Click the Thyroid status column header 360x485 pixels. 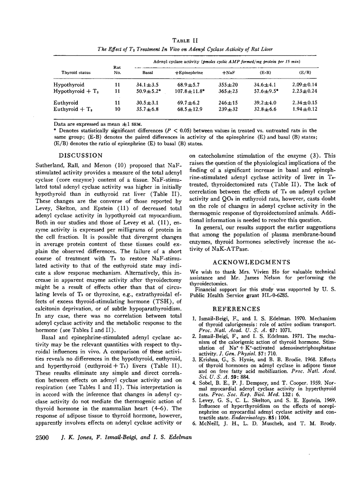coord(74,72)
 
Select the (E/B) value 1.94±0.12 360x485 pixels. coord(305,109)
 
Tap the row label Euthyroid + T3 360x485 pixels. coord(75,109)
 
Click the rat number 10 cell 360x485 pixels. coord(118,109)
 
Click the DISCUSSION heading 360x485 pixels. coord(81,156)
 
